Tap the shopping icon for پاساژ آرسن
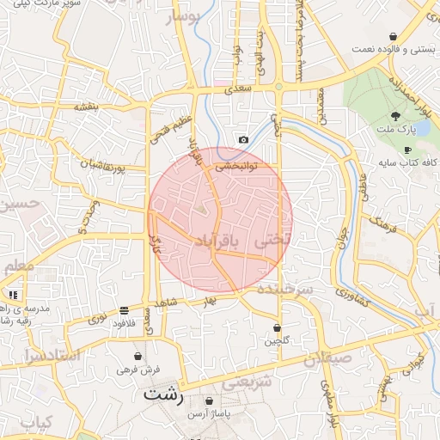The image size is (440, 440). [210, 401]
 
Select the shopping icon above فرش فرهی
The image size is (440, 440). [137, 356]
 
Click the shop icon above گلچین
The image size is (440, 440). [277, 327]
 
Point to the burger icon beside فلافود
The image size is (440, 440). [125, 309]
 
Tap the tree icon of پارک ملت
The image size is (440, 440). [395, 115]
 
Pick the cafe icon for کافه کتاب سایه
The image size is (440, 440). [407, 150]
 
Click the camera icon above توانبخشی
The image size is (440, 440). [243, 139]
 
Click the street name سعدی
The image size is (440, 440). [238, 88]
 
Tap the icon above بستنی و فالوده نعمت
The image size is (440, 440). [394, 36]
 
